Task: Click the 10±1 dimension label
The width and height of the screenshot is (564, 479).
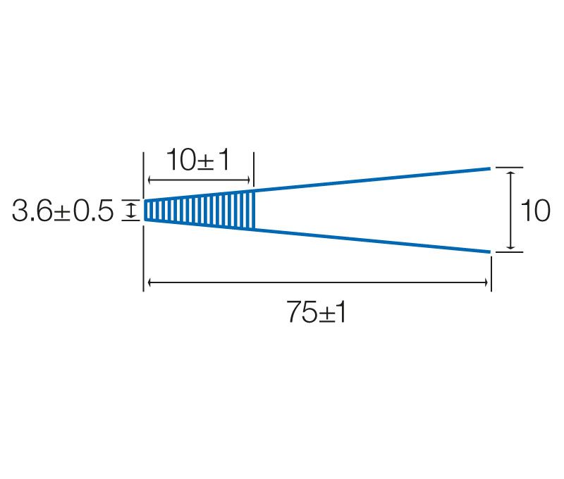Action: click(x=197, y=160)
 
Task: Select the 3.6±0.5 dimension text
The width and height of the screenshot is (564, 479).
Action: click(x=63, y=211)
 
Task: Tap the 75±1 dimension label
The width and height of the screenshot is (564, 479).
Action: click(x=316, y=312)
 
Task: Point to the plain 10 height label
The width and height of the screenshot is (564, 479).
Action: click(x=535, y=211)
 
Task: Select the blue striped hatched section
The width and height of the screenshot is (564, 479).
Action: click(x=200, y=210)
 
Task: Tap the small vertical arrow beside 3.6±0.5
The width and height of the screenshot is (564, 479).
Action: click(x=131, y=210)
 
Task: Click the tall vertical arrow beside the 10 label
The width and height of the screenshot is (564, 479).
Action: click(x=510, y=210)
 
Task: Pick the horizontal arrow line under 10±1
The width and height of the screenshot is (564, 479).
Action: click(x=199, y=180)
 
